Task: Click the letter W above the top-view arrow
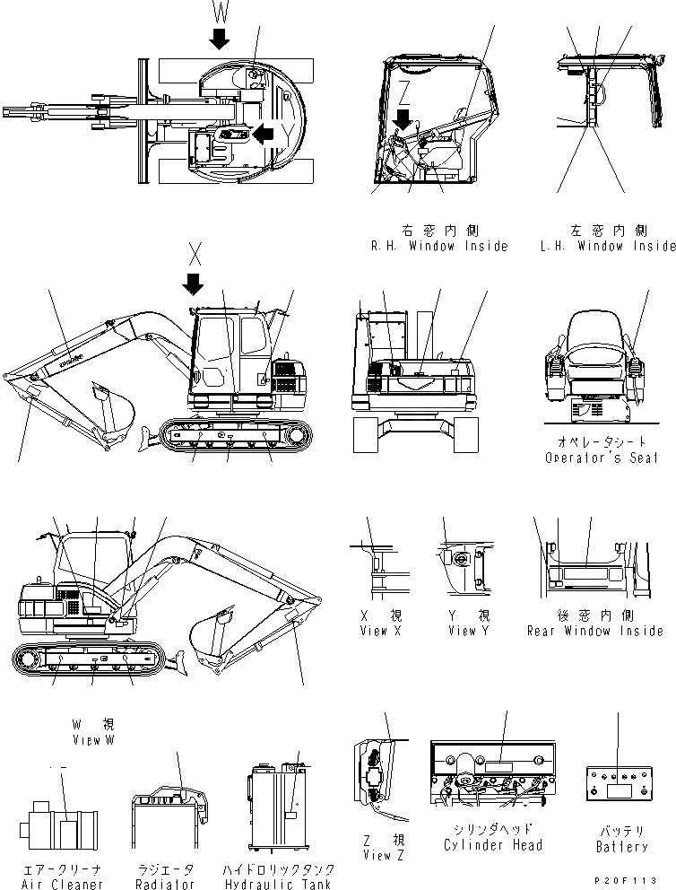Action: [x=221, y=12]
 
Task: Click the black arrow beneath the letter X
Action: [x=192, y=284]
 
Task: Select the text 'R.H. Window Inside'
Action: [x=438, y=246]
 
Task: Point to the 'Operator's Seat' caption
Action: [x=602, y=458]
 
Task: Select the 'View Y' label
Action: [x=470, y=631]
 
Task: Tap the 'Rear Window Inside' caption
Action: [x=594, y=631]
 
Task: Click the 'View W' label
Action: [x=94, y=740]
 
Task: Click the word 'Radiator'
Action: [x=166, y=884]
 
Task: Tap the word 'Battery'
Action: [x=621, y=846]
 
